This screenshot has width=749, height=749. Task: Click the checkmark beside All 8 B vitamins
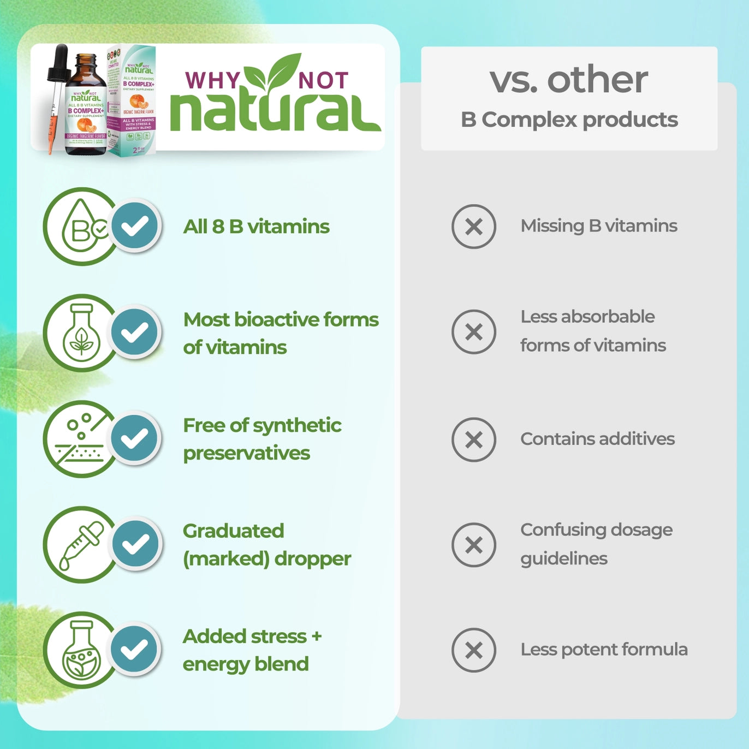click(x=135, y=225)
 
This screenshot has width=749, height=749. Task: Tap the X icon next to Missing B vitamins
click(x=473, y=227)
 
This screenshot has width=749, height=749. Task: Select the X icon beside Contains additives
click(x=473, y=439)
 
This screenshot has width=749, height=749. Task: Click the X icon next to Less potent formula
click(x=473, y=650)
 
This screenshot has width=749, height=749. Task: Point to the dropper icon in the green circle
click(x=79, y=545)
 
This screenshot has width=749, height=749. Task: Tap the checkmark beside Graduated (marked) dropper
click(x=135, y=544)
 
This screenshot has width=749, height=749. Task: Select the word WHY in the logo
click(x=212, y=81)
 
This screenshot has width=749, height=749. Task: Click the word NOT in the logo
click(x=323, y=81)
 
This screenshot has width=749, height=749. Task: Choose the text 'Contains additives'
click(x=597, y=439)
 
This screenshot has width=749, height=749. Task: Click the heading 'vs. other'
click(x=568, y=80)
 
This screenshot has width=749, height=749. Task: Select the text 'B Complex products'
click(x=569, y=120)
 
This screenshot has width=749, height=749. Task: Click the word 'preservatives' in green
click(x=246, y=453)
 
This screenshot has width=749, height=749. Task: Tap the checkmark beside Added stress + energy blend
click(x=135, y=650)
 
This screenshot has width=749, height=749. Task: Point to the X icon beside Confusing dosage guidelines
click(x=473, y=545)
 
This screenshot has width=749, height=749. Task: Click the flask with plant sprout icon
click(x=81, y=333)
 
